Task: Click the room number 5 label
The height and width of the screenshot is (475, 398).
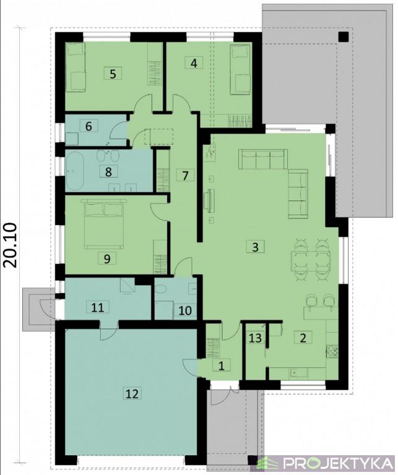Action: click(113, 74)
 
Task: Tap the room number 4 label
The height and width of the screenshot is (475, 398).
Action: click(194, 63)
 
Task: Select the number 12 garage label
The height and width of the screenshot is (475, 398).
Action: click(132, 393)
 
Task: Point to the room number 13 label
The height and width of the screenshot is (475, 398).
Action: click(255, 338)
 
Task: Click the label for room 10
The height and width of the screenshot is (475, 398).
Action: click(186, 310)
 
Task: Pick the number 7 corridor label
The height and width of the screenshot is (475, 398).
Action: click(185, 175)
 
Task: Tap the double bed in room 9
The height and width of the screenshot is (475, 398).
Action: click(105, 223)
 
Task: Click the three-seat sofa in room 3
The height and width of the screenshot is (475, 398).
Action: click(263, 159)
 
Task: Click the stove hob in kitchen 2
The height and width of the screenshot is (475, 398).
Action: click(332, 351)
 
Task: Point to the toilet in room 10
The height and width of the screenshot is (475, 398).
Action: click(160, 290)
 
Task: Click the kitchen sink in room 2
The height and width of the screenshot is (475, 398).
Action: click(298, 372)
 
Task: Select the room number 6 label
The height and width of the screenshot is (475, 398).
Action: click(89, 126)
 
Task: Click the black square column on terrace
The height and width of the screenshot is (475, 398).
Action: click(344, 36)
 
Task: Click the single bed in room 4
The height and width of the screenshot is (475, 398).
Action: click(241, 69)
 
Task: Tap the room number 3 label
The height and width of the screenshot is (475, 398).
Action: click(255, 247)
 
